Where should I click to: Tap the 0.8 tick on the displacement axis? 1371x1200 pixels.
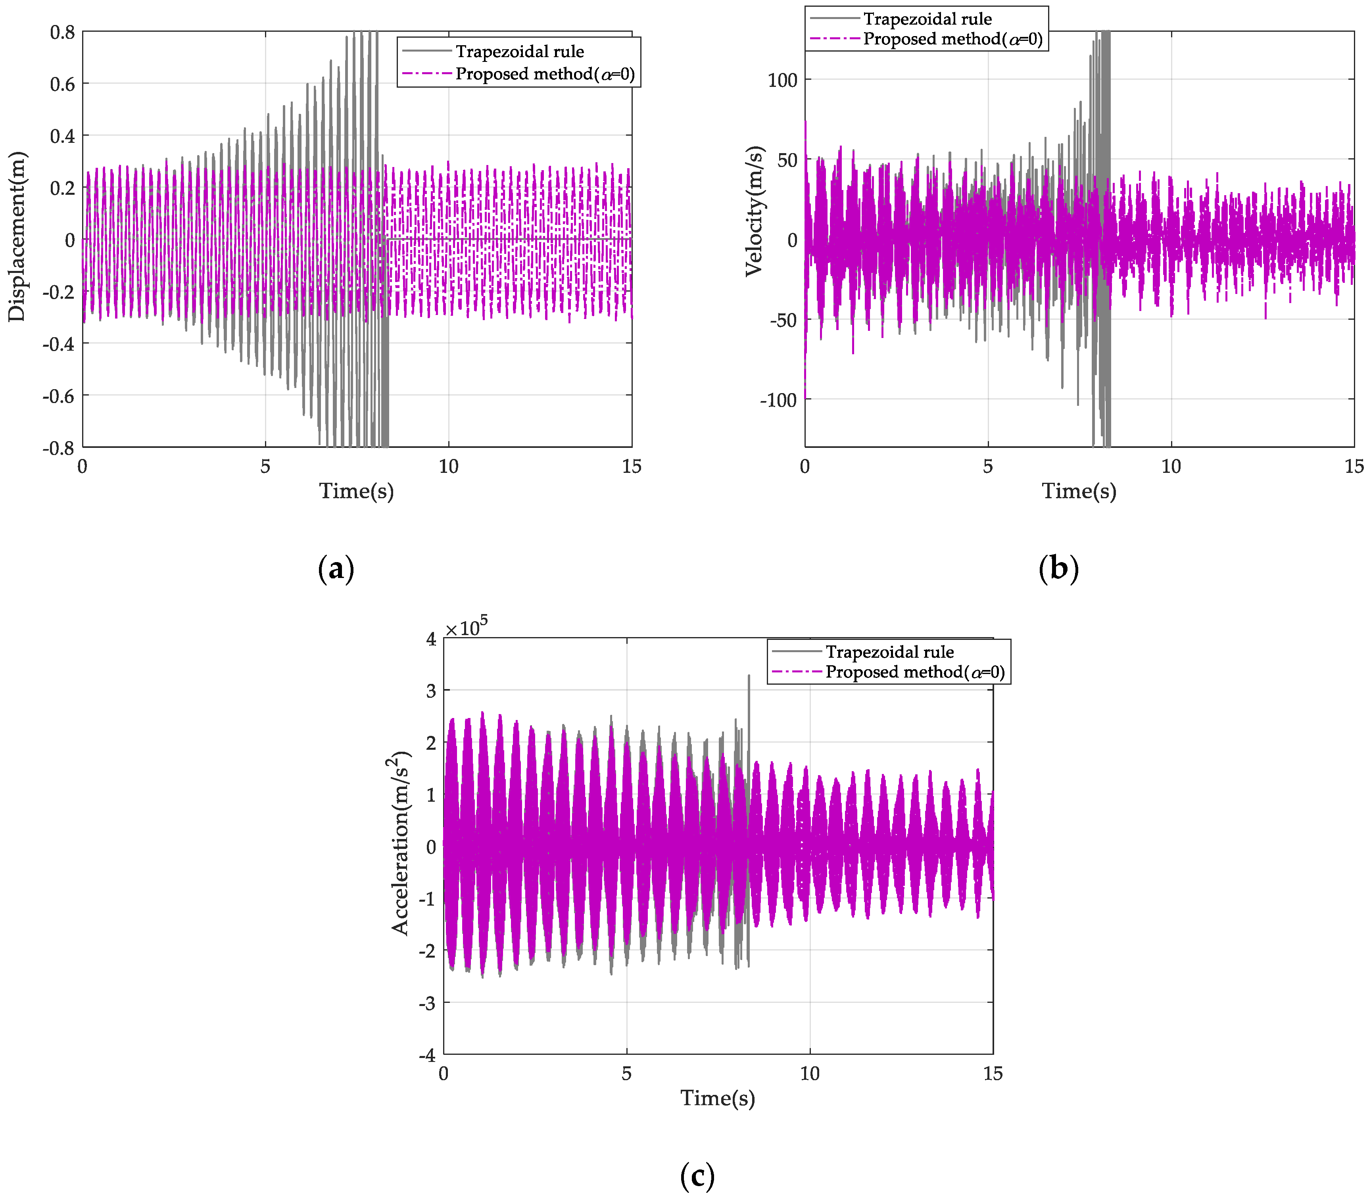pyautogui.click(x=62, y=31)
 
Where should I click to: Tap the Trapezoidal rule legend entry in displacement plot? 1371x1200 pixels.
pyautogui.click(x=519, y=52)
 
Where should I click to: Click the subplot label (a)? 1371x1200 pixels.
pyautogui.click(x=336, y=569)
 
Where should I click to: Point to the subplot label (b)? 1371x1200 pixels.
pyautogui.click(x=1058, y=569)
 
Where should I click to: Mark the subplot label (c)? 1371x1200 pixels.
pyautogui.click(x=697, y=1175)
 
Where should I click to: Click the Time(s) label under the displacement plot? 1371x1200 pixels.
pyautogui.click(x=356, y=491)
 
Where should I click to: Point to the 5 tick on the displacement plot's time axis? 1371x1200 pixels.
pyautogui.click(x=265, y=467)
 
